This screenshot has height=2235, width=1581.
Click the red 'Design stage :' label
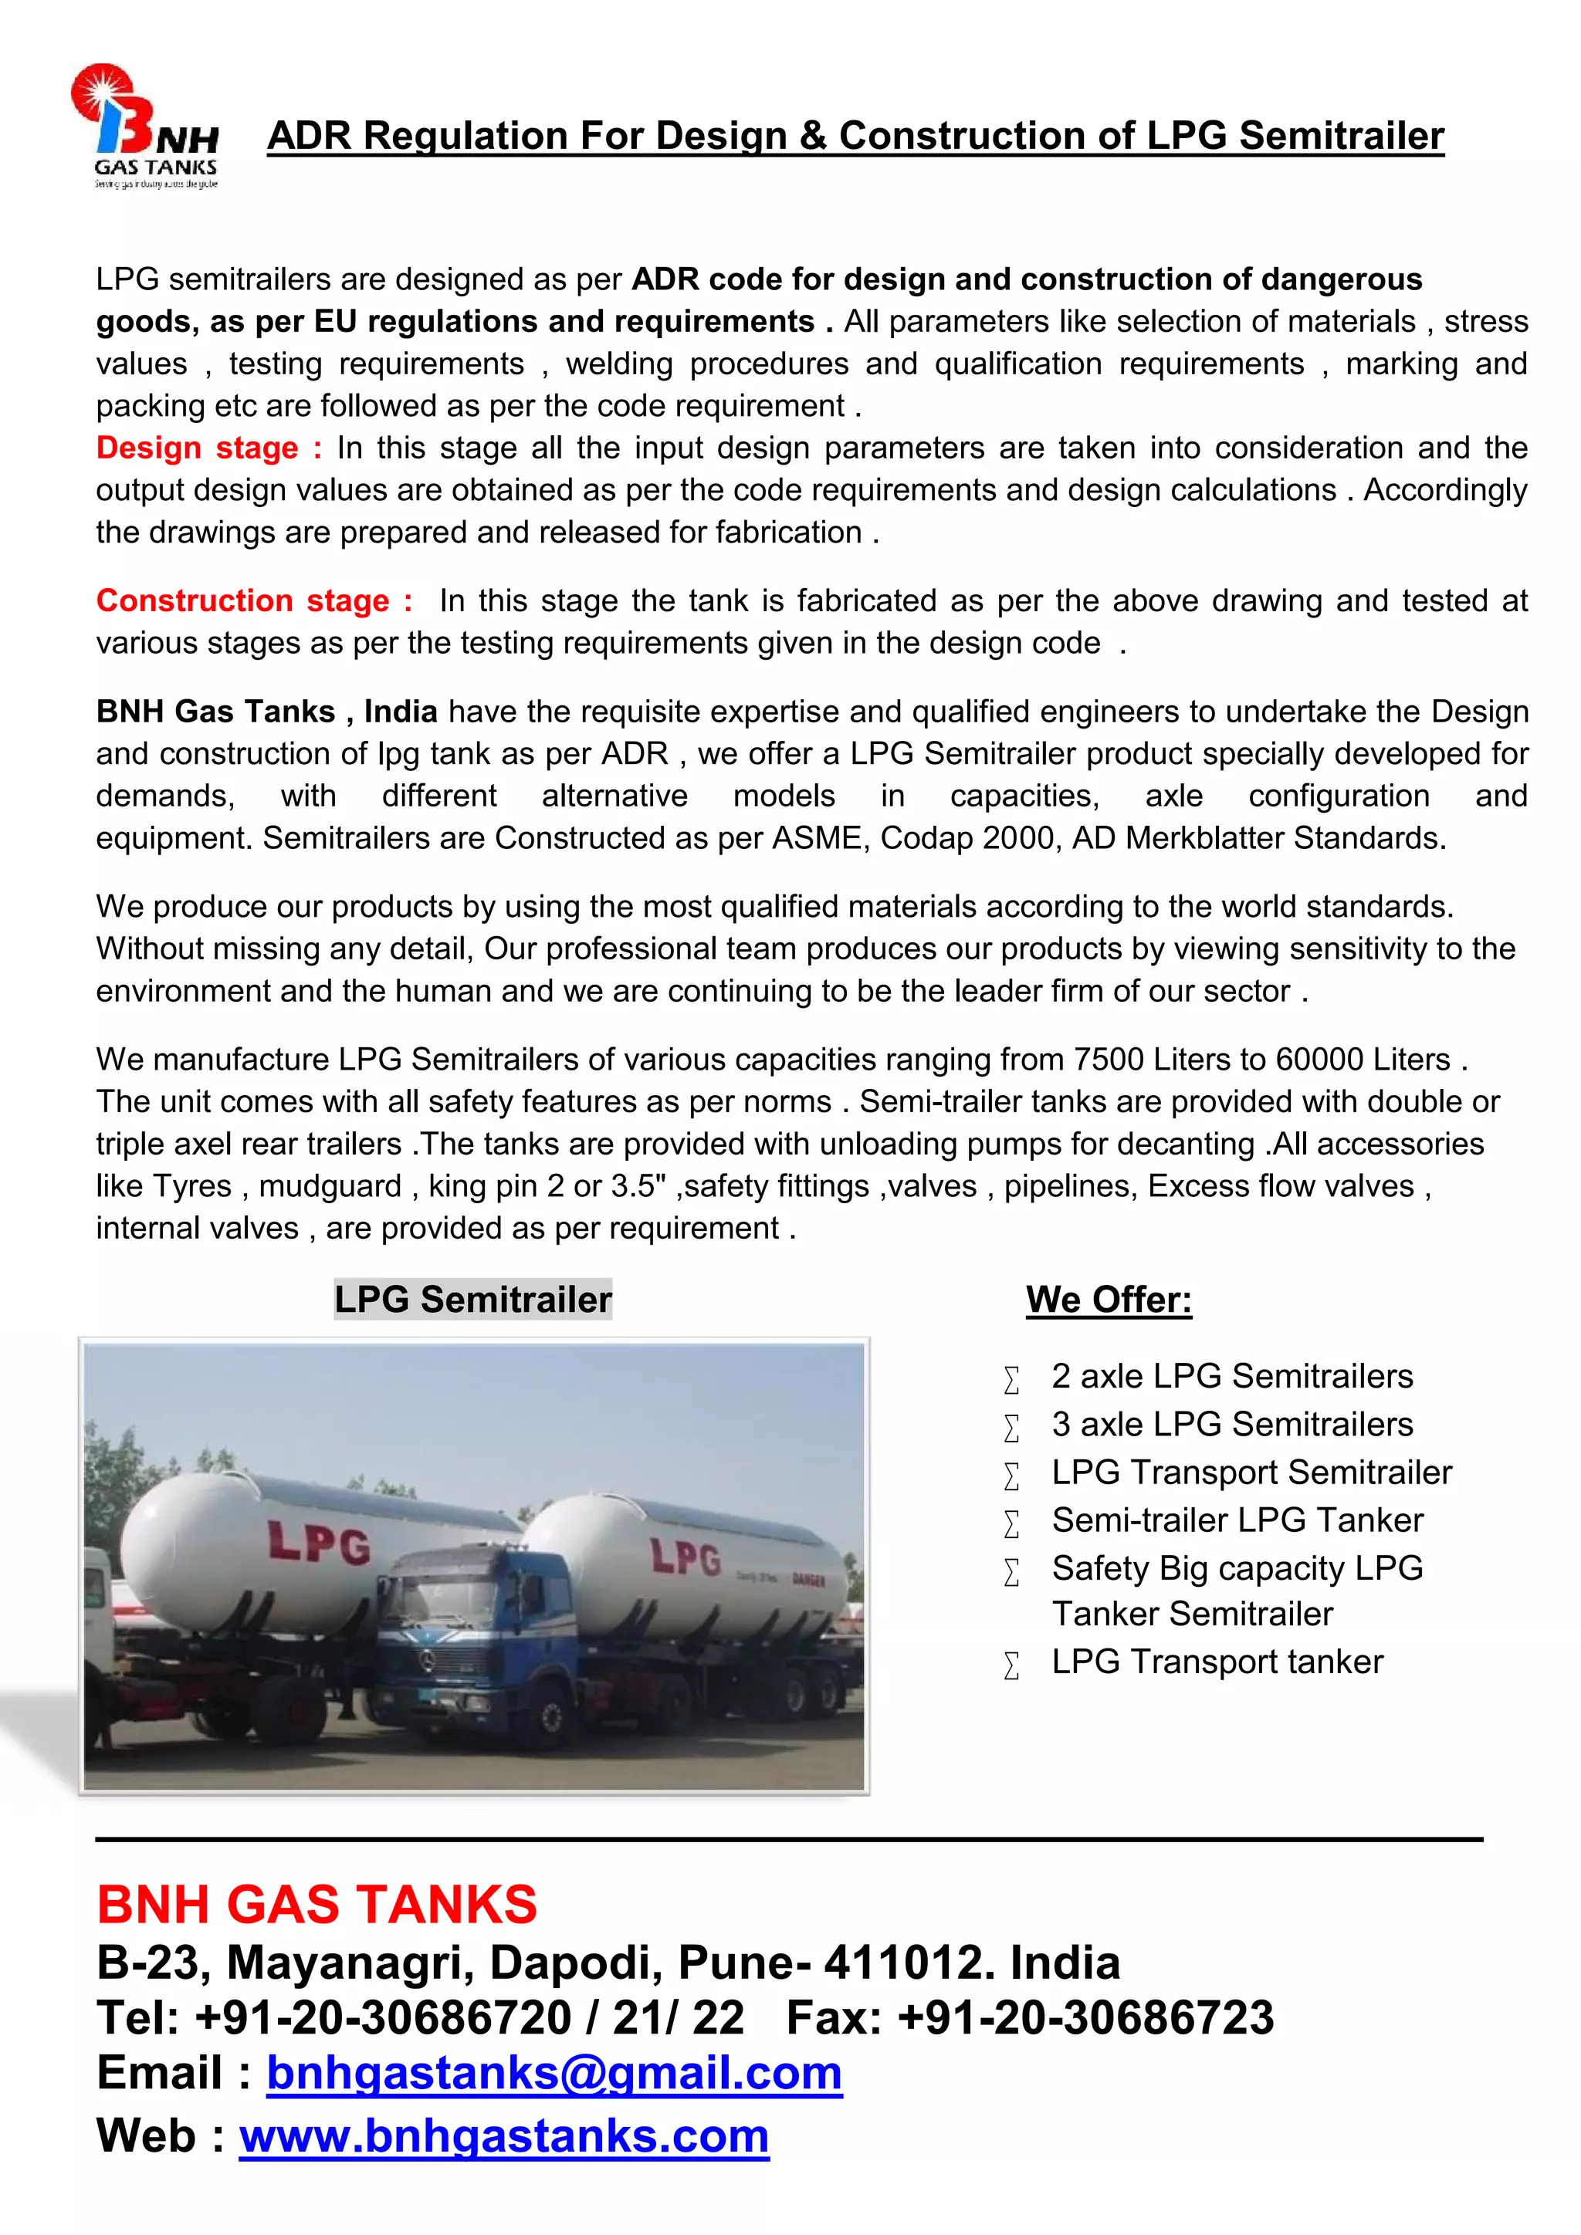[208, 448]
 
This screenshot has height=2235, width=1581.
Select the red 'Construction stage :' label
[253, 600]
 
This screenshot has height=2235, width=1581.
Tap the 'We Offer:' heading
[1108, 1300]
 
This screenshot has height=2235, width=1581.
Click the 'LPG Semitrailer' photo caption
[472, 1300]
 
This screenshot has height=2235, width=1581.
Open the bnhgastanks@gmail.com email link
[554, 2074]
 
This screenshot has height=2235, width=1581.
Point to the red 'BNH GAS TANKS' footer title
[317, 1905]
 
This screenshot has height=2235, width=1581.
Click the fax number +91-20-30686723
[1085, 2018]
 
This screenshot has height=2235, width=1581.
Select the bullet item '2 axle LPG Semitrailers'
[1231, 1377]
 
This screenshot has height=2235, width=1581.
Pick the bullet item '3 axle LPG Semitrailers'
[1231, 1424]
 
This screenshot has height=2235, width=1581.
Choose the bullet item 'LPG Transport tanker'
[1217, 1662]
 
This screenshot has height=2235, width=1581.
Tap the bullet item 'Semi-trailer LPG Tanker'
[1237, 1520]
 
